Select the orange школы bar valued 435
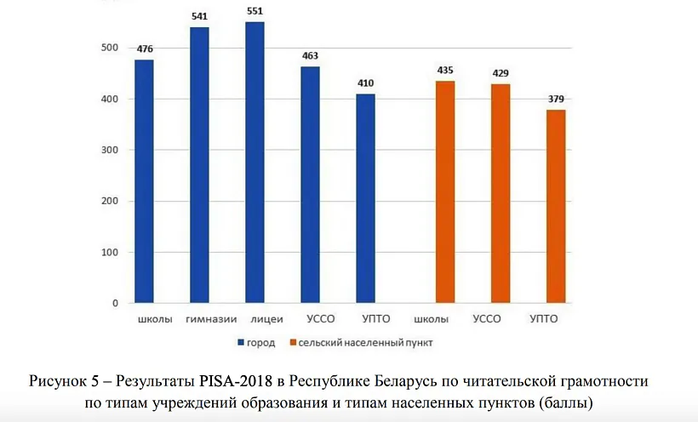pyautogui.click(x=445, y=191)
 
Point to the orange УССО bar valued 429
pyautogui.click(x=501, y=193)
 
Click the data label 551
pyautogui.click(x=255, y=12)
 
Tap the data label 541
pyautogui.click(x=199, y=17)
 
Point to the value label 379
pyautogui.click(x=556, y=100)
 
